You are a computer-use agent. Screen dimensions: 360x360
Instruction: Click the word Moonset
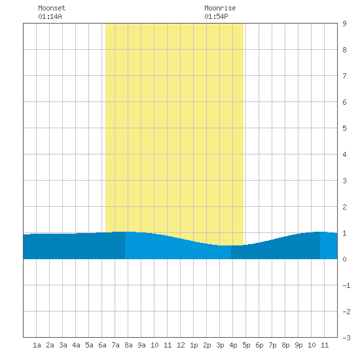coord(52,8)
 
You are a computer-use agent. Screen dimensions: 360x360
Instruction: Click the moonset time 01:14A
coord(50,16)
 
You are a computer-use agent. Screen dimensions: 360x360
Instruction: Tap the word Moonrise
coord(220,8)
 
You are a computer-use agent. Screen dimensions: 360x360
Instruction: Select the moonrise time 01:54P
coord(216,16)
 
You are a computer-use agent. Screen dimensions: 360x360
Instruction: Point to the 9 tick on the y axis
coord(344,24)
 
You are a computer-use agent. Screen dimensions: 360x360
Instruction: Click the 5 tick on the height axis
coord(344,128)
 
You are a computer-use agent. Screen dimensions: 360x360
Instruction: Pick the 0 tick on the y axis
coord(344,259)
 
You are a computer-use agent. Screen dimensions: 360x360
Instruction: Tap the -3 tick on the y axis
coord(346,338)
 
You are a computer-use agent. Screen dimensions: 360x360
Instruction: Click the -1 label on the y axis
coord(346,285)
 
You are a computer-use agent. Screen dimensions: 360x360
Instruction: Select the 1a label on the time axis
coord(37,345)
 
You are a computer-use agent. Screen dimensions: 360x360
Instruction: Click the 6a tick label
coord(102,345)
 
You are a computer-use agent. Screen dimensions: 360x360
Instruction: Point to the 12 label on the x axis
coord(181,345)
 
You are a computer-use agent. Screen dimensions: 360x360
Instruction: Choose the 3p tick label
coord(220,345)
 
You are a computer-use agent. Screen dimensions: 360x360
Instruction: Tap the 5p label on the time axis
coord(246,345)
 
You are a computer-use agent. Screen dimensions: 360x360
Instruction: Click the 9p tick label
coord(298,345)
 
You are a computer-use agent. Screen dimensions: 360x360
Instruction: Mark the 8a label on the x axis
coord(128,345)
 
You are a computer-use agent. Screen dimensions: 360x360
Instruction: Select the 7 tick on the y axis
coord(344,76)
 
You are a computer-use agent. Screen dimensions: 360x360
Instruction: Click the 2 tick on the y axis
coord(344,207)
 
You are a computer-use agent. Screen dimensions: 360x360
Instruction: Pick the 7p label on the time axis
coord(272,345)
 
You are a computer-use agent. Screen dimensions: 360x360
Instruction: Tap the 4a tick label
coord(76,345)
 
